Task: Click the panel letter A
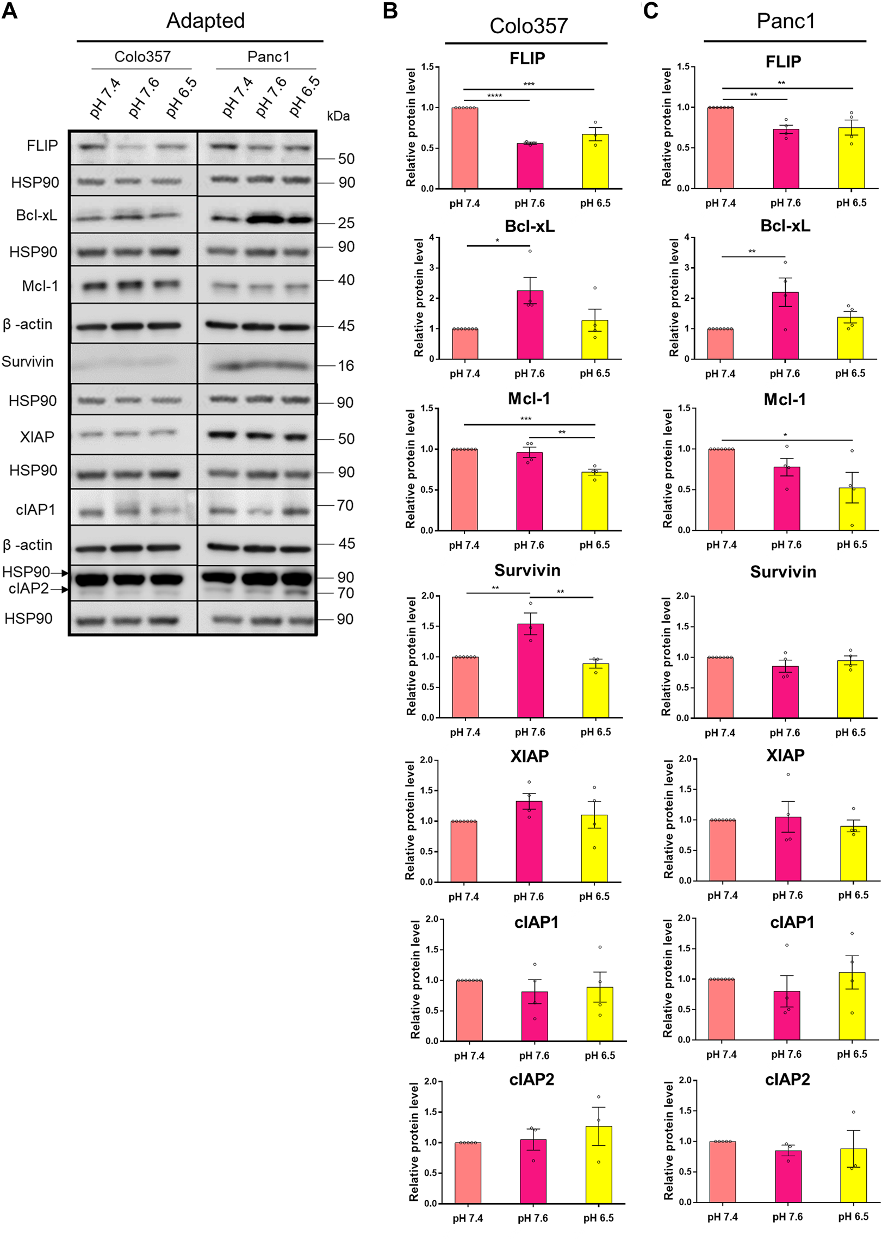tap(10, 10)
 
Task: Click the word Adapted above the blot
tap(205, 21)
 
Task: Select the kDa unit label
tap(338, 116)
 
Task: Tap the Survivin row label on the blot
tap(28, 362)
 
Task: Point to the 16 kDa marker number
tap(346, 365)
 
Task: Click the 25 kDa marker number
tap(346, 223)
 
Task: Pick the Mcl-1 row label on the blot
tap(40, 286)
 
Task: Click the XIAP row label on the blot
tap(37, 437)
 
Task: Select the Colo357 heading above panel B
tap(529, 26)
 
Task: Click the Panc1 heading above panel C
tap(785, 21)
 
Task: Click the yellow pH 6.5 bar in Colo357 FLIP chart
tap(595, 162)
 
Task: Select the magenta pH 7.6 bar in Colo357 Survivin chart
tap(530, 671)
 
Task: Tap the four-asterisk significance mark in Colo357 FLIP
tap(494, 96)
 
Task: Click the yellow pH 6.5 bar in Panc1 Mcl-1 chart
tap(852, 509)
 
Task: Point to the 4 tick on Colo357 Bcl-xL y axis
tap(431, 237)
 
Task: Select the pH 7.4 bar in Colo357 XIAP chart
tap(464, 851)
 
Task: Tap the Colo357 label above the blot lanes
tap(142, 57)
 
